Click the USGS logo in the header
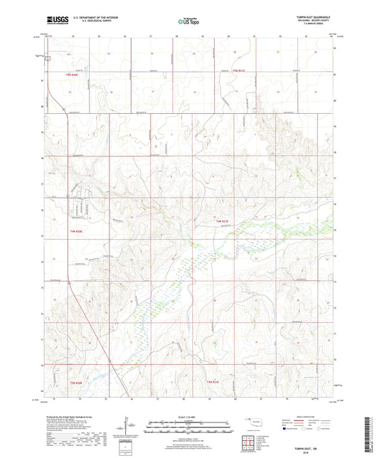(x=54, y=21)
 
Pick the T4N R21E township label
(x=223, y=223)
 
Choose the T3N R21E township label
(x=213, y=382)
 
